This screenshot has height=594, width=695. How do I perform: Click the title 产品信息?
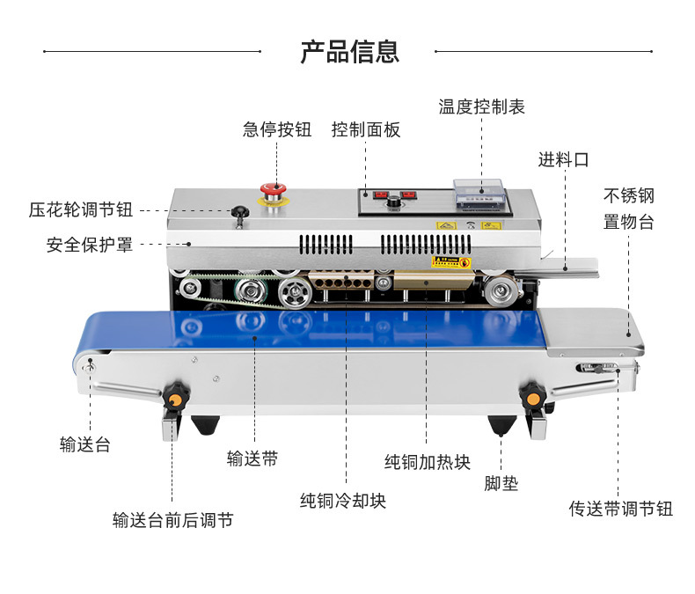click(x=349, y=51)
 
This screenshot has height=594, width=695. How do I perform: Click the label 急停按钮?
click(x=277, y=129)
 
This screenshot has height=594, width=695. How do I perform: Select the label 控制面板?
click(x=366, y=129)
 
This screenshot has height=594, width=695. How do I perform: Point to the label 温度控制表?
click(x=481, y=106)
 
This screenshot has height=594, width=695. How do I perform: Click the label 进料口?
click(x=564, y=159)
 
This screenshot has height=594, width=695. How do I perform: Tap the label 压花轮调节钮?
click(x=81, y=210)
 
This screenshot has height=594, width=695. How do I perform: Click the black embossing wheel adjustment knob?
click(x=238, y=211)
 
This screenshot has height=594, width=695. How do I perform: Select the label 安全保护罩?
click(x=90, y=245)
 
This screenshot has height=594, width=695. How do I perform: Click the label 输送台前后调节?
click(x=172, y=520)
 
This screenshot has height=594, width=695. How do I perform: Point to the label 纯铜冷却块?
click(x=343, y=501)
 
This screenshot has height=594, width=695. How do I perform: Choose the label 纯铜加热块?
click(x=428, y=461)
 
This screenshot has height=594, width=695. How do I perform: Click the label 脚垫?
click(x=501, y=483)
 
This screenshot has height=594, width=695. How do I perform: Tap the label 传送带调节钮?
click(x=620, y=509)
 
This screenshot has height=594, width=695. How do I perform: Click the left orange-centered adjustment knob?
click(x=175, y=398)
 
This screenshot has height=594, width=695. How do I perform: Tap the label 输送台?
click(x=85, y=444)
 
